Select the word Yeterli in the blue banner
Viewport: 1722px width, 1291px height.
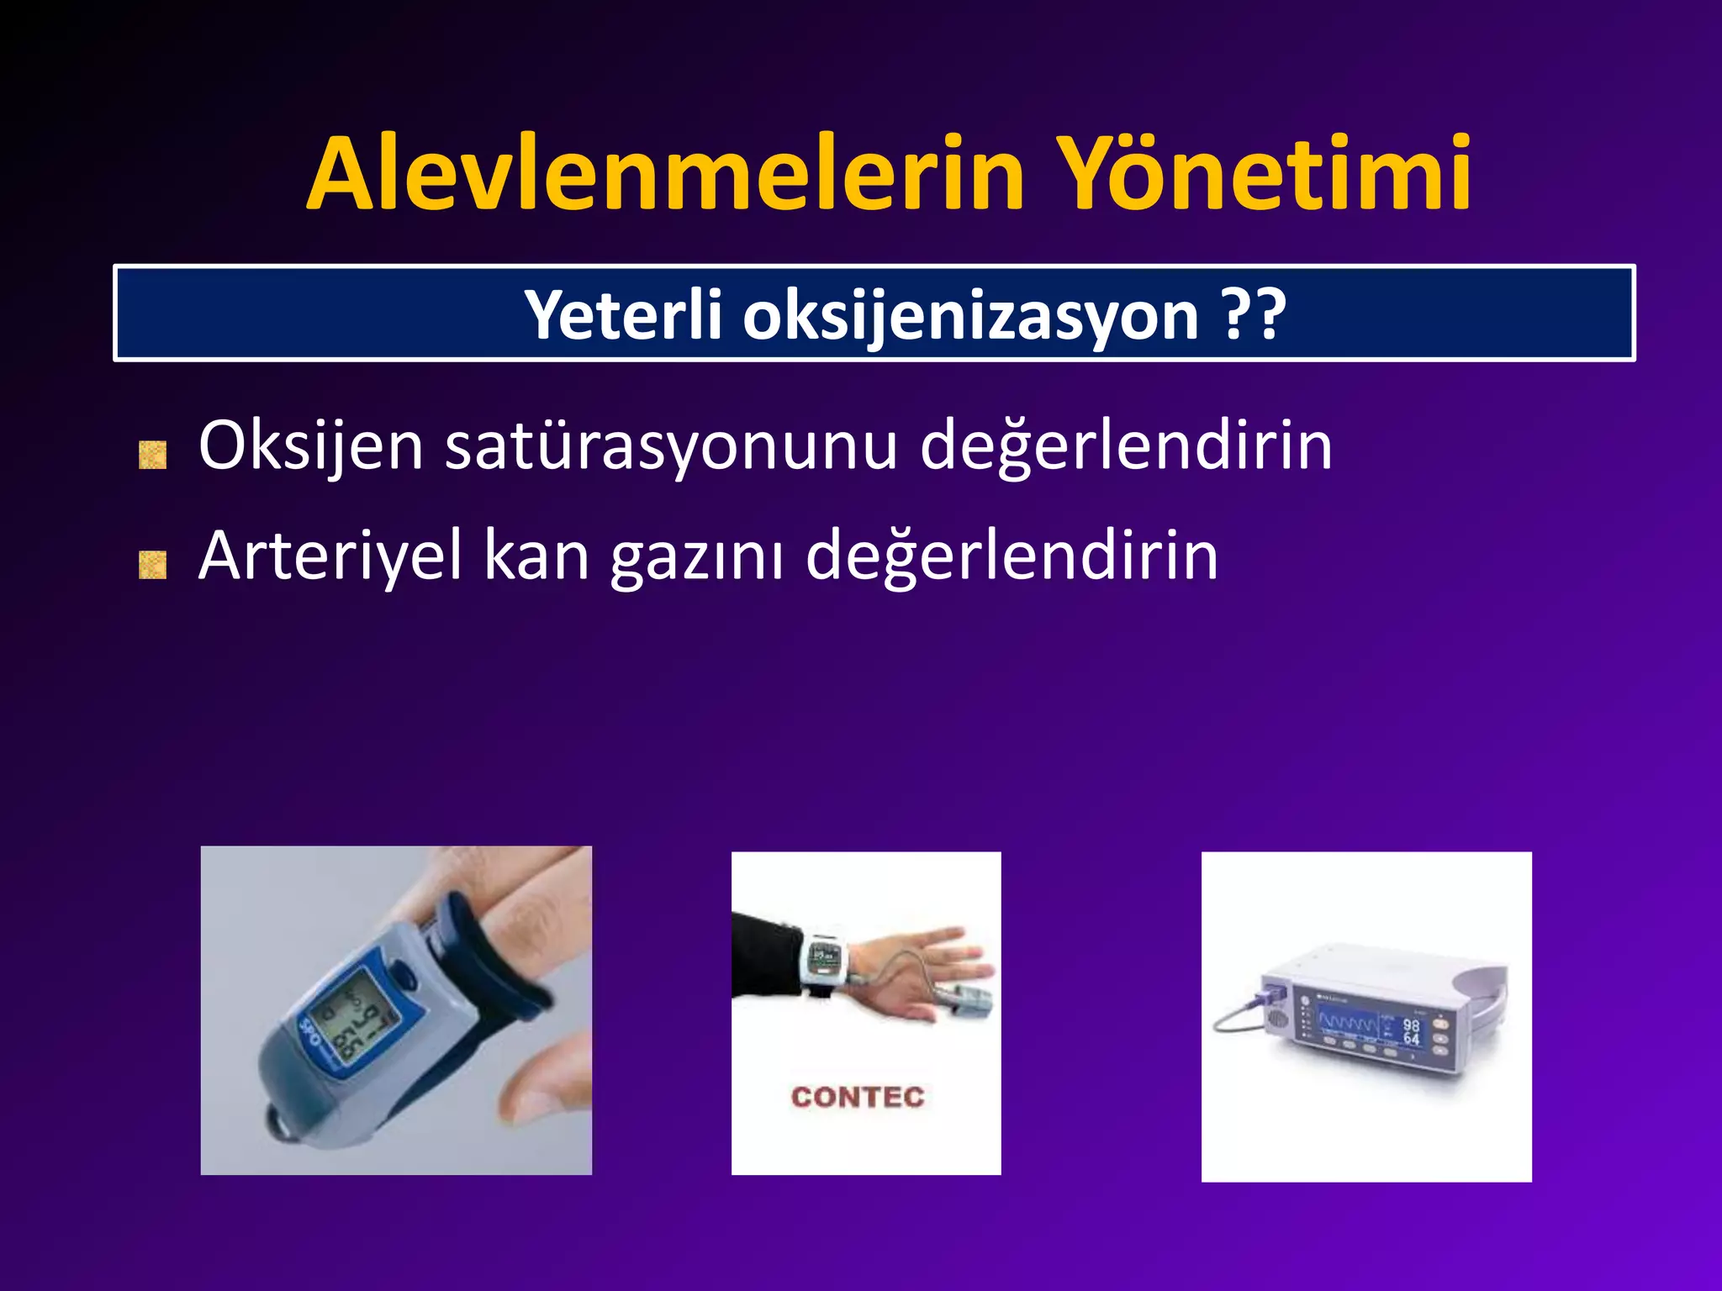click(x=624, y=315)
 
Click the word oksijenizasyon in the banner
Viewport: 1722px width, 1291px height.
click(x=970, y=317)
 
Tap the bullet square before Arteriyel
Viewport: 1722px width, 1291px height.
click(x=152, y=565)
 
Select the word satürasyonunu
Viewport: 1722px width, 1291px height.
click(x=670, y=445)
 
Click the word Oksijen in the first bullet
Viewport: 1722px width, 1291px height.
click(x=310, y=447)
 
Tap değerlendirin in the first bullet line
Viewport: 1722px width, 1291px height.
click(x=1126, y=447)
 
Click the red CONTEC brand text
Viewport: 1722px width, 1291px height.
click(x=858, y=1097)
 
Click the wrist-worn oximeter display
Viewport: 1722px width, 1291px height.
click(x=823, y=956)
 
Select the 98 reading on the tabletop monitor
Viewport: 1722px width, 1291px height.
click(x=1411, y=1025)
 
